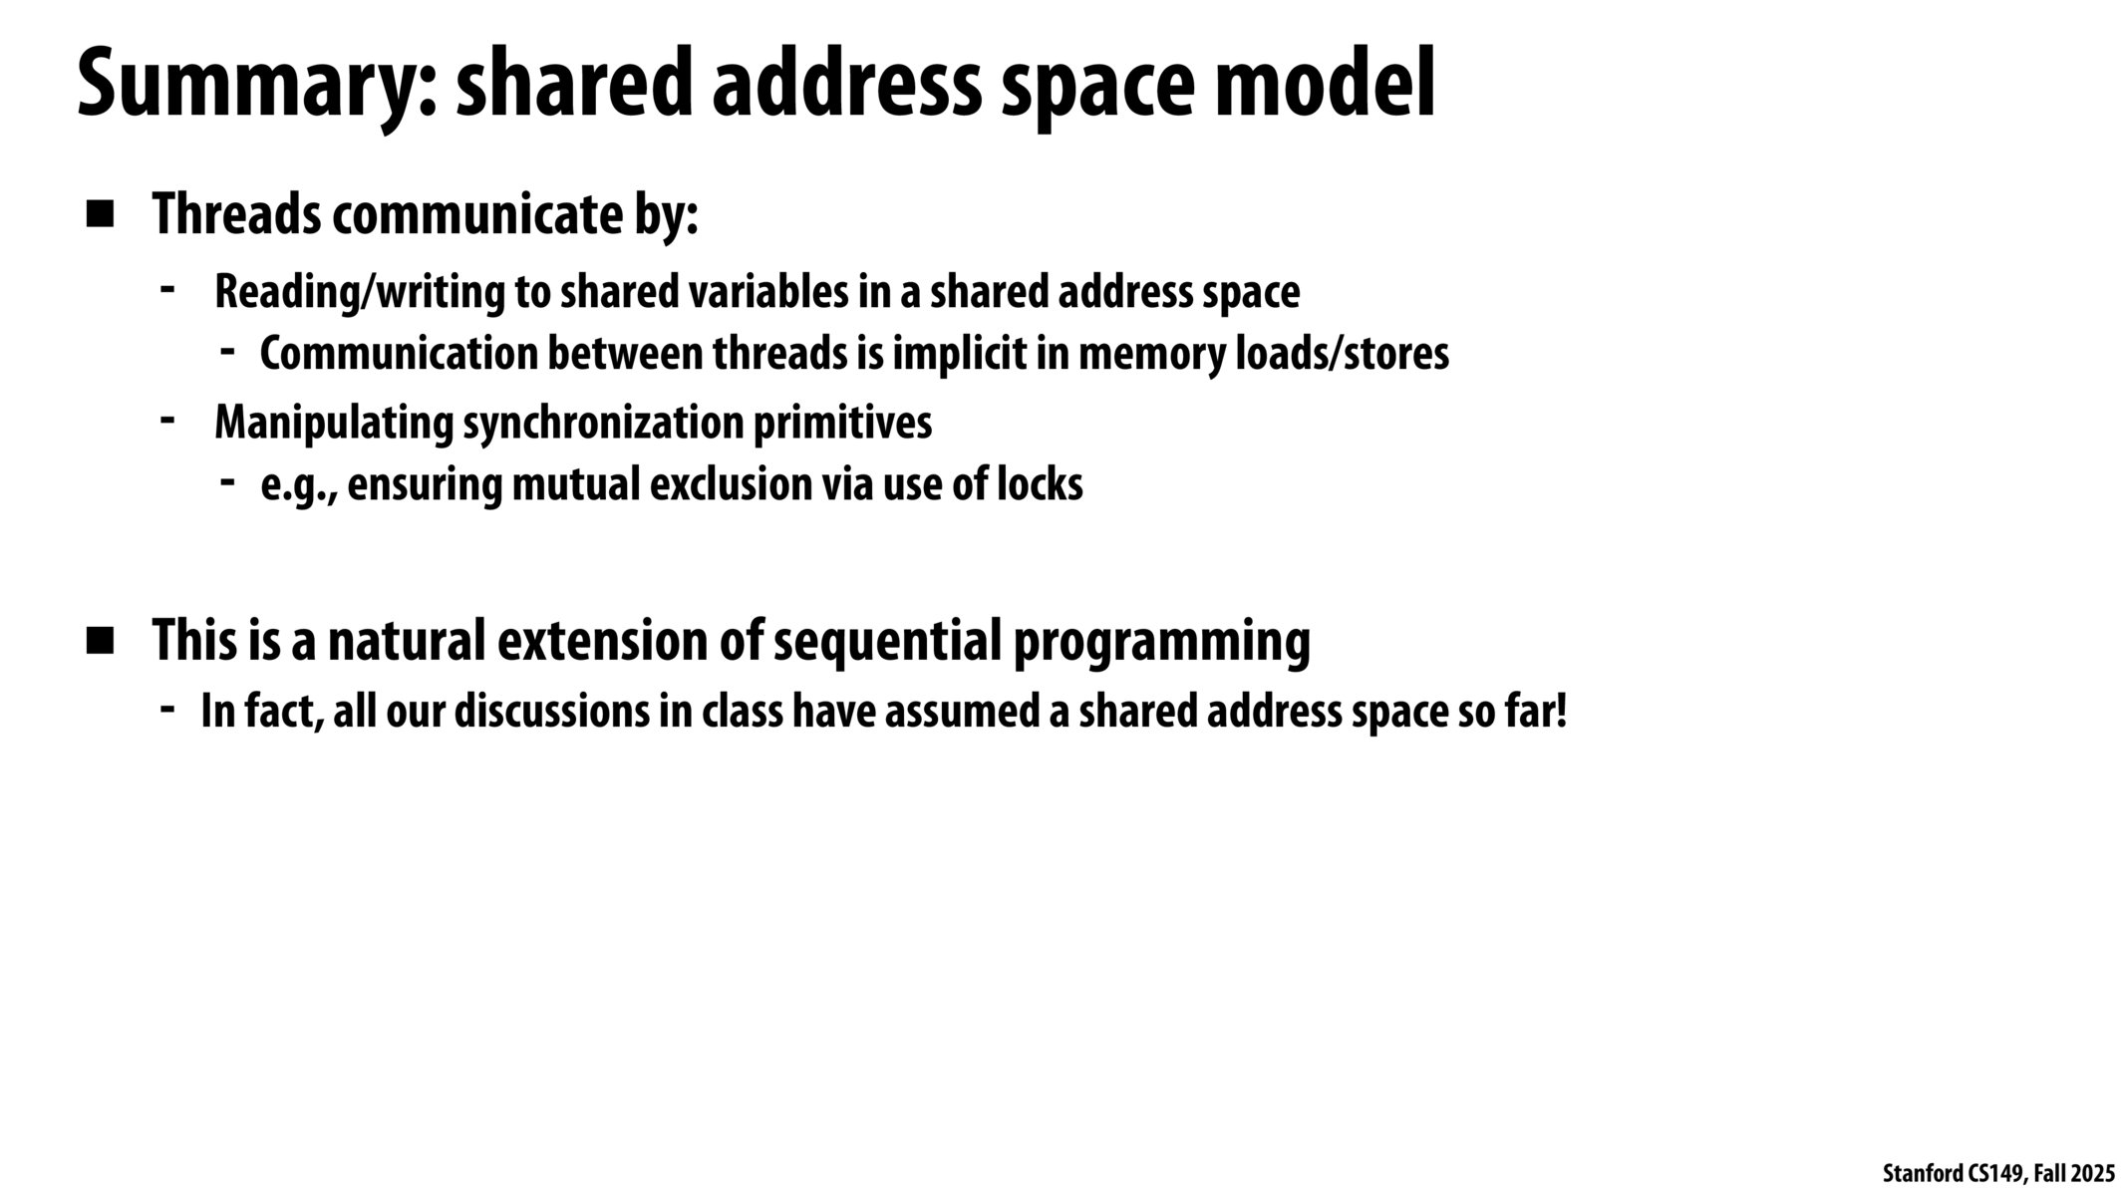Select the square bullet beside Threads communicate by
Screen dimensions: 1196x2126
coord(100,214)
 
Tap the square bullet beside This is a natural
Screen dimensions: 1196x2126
coord(100,641)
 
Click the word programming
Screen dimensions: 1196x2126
coord(1161,643)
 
